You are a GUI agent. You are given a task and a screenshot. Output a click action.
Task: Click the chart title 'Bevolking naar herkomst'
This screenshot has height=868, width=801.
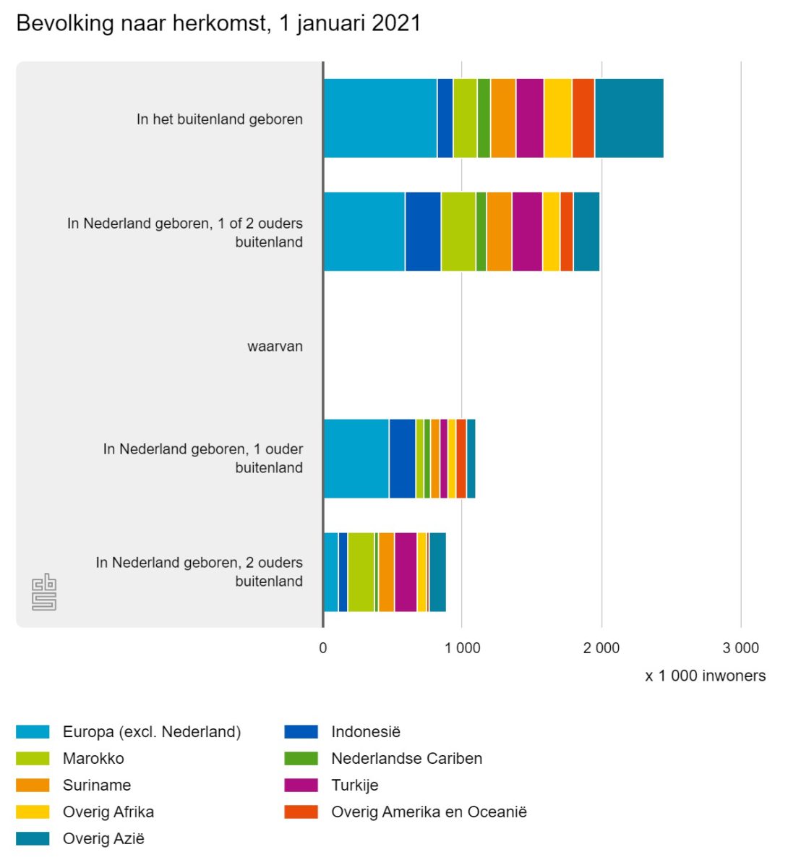click(218, 23)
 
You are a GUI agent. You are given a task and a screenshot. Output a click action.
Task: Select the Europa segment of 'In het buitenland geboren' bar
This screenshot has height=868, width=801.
click(380, 118)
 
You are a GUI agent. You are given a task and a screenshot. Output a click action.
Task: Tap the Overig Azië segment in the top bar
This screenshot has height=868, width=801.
click(629, 118)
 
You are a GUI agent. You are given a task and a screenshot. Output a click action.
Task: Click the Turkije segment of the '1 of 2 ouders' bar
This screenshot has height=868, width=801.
click(527, 231)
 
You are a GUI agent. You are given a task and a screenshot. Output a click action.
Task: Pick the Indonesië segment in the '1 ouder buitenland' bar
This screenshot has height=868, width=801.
click(402, 459)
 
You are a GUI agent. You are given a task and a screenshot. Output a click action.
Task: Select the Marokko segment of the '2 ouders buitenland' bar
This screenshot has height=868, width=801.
click(361, 572)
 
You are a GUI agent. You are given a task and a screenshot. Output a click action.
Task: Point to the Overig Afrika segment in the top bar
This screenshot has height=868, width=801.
click(557, 118)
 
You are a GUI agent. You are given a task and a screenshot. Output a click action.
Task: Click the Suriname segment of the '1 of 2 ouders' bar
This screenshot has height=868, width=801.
click(499, 231)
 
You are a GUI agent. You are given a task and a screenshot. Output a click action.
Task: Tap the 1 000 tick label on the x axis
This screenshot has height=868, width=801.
click(462, 648)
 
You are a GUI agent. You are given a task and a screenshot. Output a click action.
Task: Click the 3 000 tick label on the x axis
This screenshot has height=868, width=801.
click(741, 648)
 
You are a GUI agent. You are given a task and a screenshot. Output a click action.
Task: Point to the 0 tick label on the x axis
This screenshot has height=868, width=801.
click(323, 648)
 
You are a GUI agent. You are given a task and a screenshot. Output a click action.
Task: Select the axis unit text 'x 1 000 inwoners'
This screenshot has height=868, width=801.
click(705, 676)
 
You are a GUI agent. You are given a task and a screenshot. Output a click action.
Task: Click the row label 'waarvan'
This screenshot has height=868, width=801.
click(275, 346)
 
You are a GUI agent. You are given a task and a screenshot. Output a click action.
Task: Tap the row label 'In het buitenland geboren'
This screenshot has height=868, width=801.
click(219, 119)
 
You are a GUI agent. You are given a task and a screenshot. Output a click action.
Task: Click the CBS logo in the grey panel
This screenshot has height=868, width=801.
click(44, 592)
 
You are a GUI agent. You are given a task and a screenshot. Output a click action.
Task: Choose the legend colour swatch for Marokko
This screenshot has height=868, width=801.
click(33, 759)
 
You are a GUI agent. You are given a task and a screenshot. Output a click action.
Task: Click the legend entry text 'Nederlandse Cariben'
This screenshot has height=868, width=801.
click(406, 759)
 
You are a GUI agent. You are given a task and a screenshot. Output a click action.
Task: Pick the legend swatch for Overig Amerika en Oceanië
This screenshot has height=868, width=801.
click(301, 812)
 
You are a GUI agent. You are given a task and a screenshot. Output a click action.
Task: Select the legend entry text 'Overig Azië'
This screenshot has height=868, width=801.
click(103, 839)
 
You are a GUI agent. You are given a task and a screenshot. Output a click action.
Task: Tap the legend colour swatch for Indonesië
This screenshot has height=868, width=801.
click(301, 732)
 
